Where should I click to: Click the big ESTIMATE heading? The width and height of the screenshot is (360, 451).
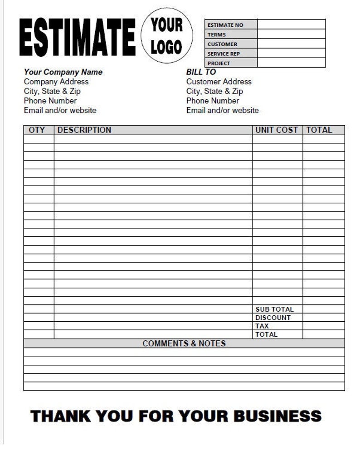pyautogui.click(x=78, y=37)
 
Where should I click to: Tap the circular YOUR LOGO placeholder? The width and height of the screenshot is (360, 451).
pyautogui.click(x=166, y=35)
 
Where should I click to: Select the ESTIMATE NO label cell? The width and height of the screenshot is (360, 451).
pyautogui.click(x=231, y=25)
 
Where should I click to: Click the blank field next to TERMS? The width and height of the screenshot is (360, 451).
pyautogui.click(x=291, y=34)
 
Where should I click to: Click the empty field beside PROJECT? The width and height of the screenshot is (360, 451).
pyautogui.click(x=291, y=63)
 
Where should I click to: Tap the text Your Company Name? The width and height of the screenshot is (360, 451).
pyautogui.click(x=63, y=72)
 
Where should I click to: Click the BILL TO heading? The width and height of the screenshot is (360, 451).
pyautogui.click(x=201, y=72)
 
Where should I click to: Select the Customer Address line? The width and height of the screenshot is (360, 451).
pyautogui.click(x=219, y=82)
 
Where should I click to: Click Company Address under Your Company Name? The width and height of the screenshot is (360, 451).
pyautogui.click(x=56, y=82)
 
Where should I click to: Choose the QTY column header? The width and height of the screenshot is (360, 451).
pyautogui.click(x=37, y=130)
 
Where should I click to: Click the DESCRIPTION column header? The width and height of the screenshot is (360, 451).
pyautogui.click(x=84, y=130)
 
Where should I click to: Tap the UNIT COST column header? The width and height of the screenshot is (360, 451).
pyautogui.click(x=277, y=130)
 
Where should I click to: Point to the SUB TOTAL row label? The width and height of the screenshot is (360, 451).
pyautogui.click(x=274, y=309)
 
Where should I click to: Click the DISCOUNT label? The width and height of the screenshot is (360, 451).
pyautogui.click(x=273, y=318)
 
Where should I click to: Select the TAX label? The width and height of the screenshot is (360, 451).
pyautogui.click(x=262, y=326)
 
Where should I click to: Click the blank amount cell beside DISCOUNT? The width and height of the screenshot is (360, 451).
pyautogui.click(x=323, y=318)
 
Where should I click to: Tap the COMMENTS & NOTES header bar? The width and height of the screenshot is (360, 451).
pyautogui.click(x=184, y=343)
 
